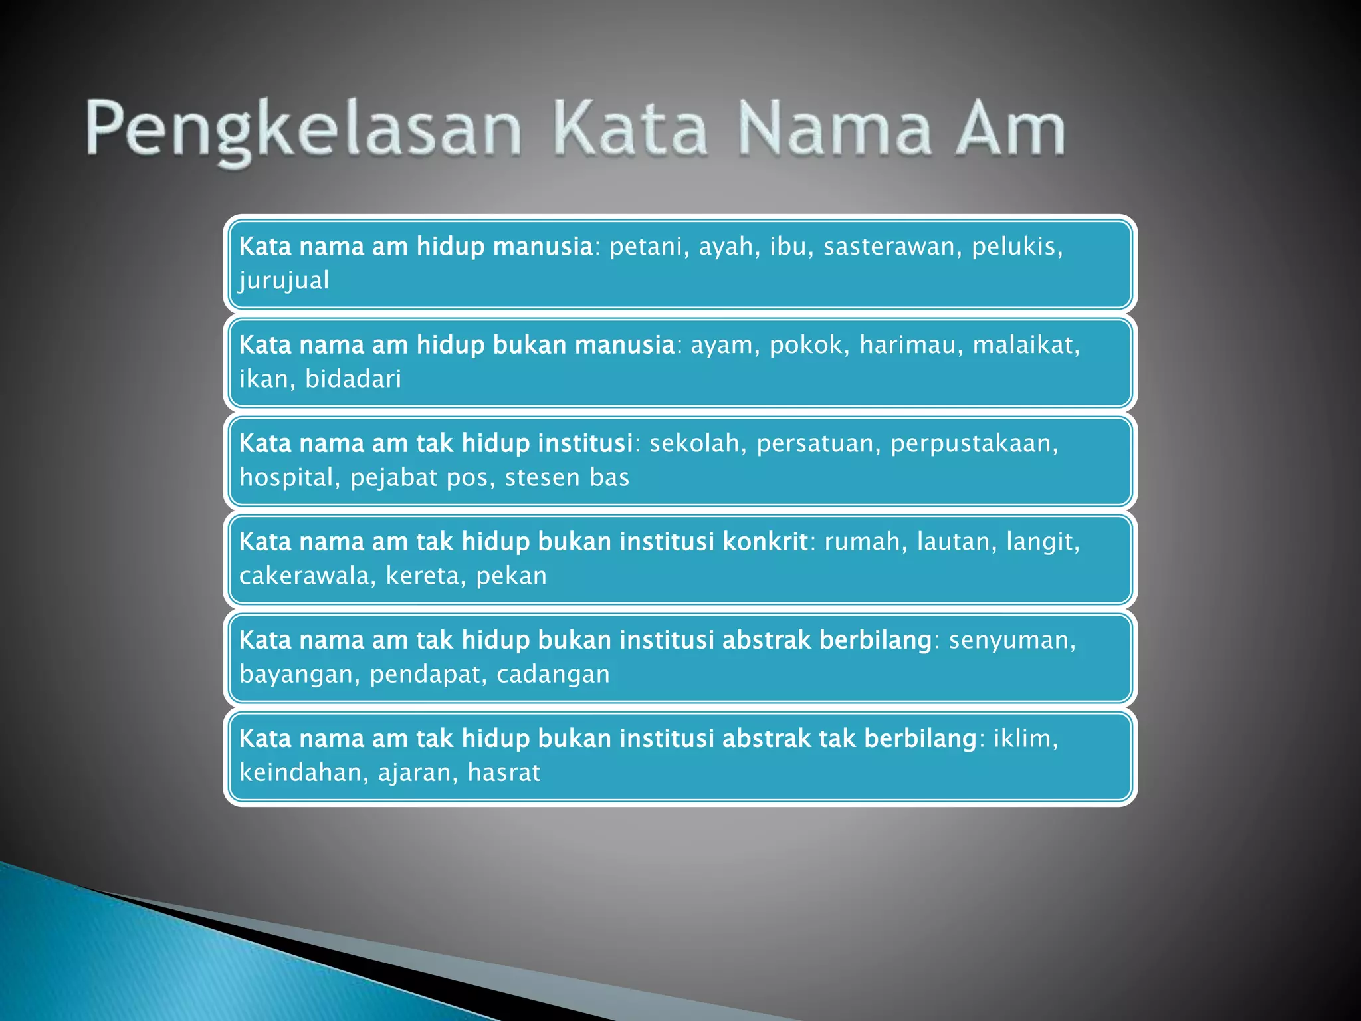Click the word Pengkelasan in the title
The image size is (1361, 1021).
(x=303, y=130)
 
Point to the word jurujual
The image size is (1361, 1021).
(x=284, y=281)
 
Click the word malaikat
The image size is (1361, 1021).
(x=1025, y=346)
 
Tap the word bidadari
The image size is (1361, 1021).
(x=353, y=380)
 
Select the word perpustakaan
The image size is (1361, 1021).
(x=974, y=444)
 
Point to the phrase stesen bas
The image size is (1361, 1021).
(x=566, y=478)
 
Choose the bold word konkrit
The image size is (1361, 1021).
(x=765, y=542)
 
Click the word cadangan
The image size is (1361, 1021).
(x=553, y=675)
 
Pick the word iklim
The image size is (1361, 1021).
(x=1024, y=739)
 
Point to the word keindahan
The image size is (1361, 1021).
(x=303, y=773)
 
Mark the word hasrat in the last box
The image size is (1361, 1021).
(x=504, y=773)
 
